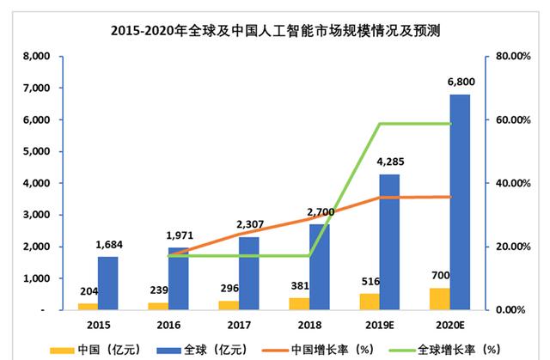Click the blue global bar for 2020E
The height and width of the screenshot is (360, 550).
click(x=460, y=202)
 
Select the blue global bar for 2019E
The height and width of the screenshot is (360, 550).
click(x=390, y=241)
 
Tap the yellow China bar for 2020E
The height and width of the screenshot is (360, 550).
click(x=438, y=298)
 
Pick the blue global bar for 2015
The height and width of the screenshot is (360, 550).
click(x=108, y=283)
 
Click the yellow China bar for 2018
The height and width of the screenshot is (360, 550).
click(x=298, y=303)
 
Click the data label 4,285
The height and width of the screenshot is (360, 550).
click(x=390, y=162)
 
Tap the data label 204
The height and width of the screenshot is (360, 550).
click(x=88, y=291)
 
